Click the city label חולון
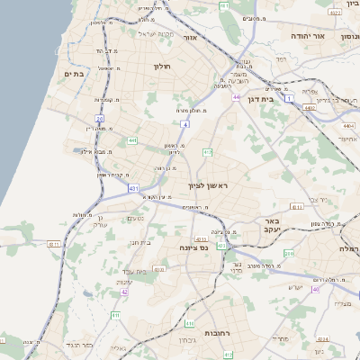[162, 67]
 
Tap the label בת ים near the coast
[74, 74]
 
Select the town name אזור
[189, 38]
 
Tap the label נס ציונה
[193, 247]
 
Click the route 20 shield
[100, 118]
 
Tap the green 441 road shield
[132, 140]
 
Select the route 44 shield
[236, 97]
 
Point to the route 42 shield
[125, 292]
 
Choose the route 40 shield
[315, 289]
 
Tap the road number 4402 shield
[310, 107]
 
